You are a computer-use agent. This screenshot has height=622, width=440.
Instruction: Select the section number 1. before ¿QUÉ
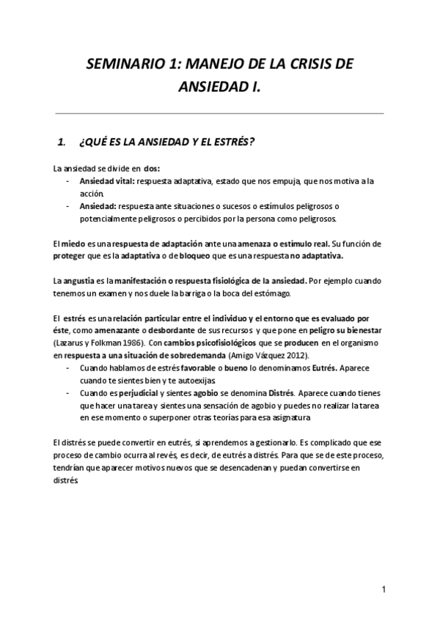point(62,140)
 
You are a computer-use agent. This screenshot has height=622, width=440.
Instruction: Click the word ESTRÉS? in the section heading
point(230,140)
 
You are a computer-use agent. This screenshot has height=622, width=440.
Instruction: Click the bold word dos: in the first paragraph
point(152,167)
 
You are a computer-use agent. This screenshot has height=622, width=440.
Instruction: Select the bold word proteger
point(71,257)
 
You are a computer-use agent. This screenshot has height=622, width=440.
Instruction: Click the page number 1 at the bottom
point(384,590)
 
